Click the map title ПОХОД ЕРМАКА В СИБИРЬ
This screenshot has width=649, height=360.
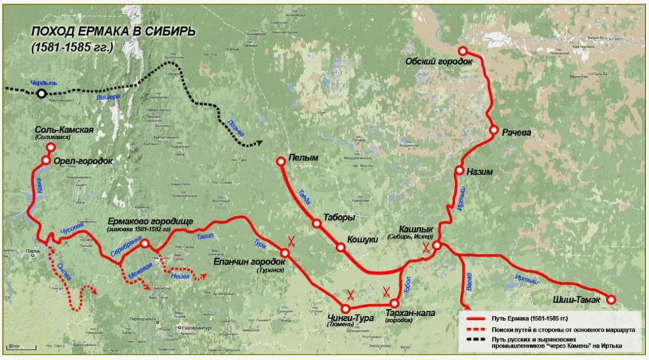coord(113,32)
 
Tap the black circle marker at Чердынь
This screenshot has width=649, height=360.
coord(41,93)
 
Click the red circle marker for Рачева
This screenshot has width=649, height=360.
coord(494,130)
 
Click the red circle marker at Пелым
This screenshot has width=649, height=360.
coord(280,161)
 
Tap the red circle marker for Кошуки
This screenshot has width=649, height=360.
coord(341,247)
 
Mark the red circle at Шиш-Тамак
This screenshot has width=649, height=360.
coord(611,300)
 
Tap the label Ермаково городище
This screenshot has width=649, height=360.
coord(150,221)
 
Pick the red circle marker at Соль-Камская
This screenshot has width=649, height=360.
coord(51,147)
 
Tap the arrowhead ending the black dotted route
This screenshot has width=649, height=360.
coord(260,143)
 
